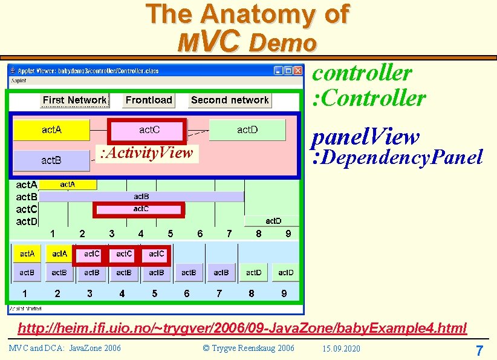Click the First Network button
74,100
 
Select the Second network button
229,100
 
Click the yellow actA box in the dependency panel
51,130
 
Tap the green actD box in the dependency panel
247,130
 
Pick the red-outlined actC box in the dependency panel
146,130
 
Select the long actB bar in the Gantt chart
141,197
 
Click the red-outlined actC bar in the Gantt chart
138,209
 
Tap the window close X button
297,70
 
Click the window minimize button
278,70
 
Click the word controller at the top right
362,73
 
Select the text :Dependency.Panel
397,158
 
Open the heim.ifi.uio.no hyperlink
242,329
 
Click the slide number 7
479,350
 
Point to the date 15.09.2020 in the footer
341,349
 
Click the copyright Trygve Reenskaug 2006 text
248,349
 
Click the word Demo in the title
282,42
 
